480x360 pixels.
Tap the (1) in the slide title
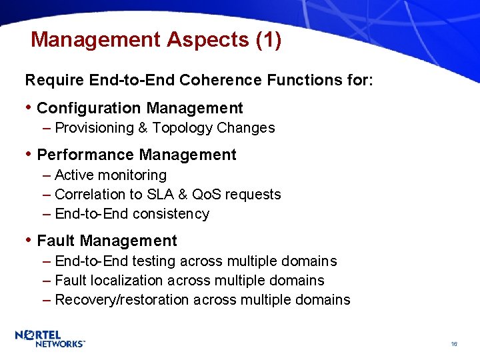point(269,40)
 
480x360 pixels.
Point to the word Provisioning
point(94,128)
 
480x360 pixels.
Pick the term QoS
point(207,195)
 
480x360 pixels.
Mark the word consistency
point(171,214)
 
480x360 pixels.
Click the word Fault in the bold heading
point(56,241)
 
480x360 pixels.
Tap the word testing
point(153,261)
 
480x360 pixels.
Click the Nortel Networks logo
point(50,339)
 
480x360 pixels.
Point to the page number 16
point(453,344)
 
